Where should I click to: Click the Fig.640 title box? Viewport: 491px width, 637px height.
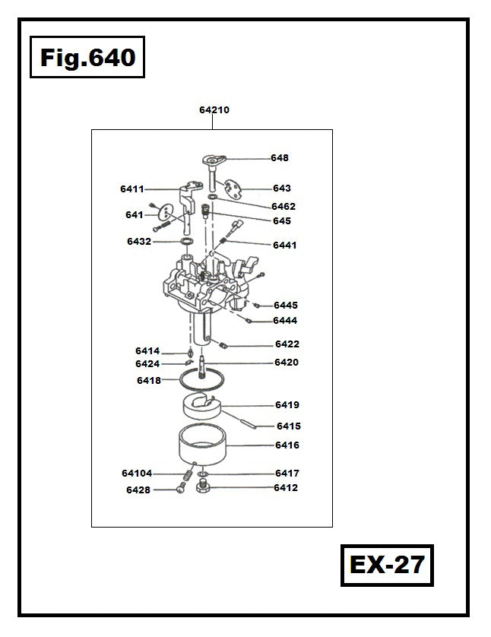[87, 57]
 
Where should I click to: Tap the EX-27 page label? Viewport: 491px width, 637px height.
[387, 565]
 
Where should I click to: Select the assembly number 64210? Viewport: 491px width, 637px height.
[214, 109]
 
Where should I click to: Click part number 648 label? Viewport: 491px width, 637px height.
[280, 157]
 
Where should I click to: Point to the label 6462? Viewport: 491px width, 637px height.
[284, 206]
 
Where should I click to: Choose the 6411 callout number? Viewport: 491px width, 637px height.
[132, 189]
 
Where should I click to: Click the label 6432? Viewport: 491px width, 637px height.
[139, 241]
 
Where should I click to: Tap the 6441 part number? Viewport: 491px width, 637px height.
[285, 245]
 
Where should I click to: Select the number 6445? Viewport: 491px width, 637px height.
[286, 305]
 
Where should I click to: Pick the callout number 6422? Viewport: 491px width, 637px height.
[287, 344]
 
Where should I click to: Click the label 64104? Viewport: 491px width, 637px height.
[137, 474]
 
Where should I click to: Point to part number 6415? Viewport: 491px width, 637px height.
[289, 426]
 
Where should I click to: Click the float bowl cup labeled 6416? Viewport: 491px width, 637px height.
[202, 445]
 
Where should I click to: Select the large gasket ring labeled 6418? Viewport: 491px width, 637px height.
[202, 380]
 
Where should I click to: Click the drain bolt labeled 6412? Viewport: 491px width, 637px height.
[203, 486]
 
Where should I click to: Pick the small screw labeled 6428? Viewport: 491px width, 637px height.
[181, 487]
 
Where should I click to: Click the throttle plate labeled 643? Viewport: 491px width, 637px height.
[233, 189]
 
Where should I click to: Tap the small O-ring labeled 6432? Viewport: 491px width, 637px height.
[187, 242]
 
